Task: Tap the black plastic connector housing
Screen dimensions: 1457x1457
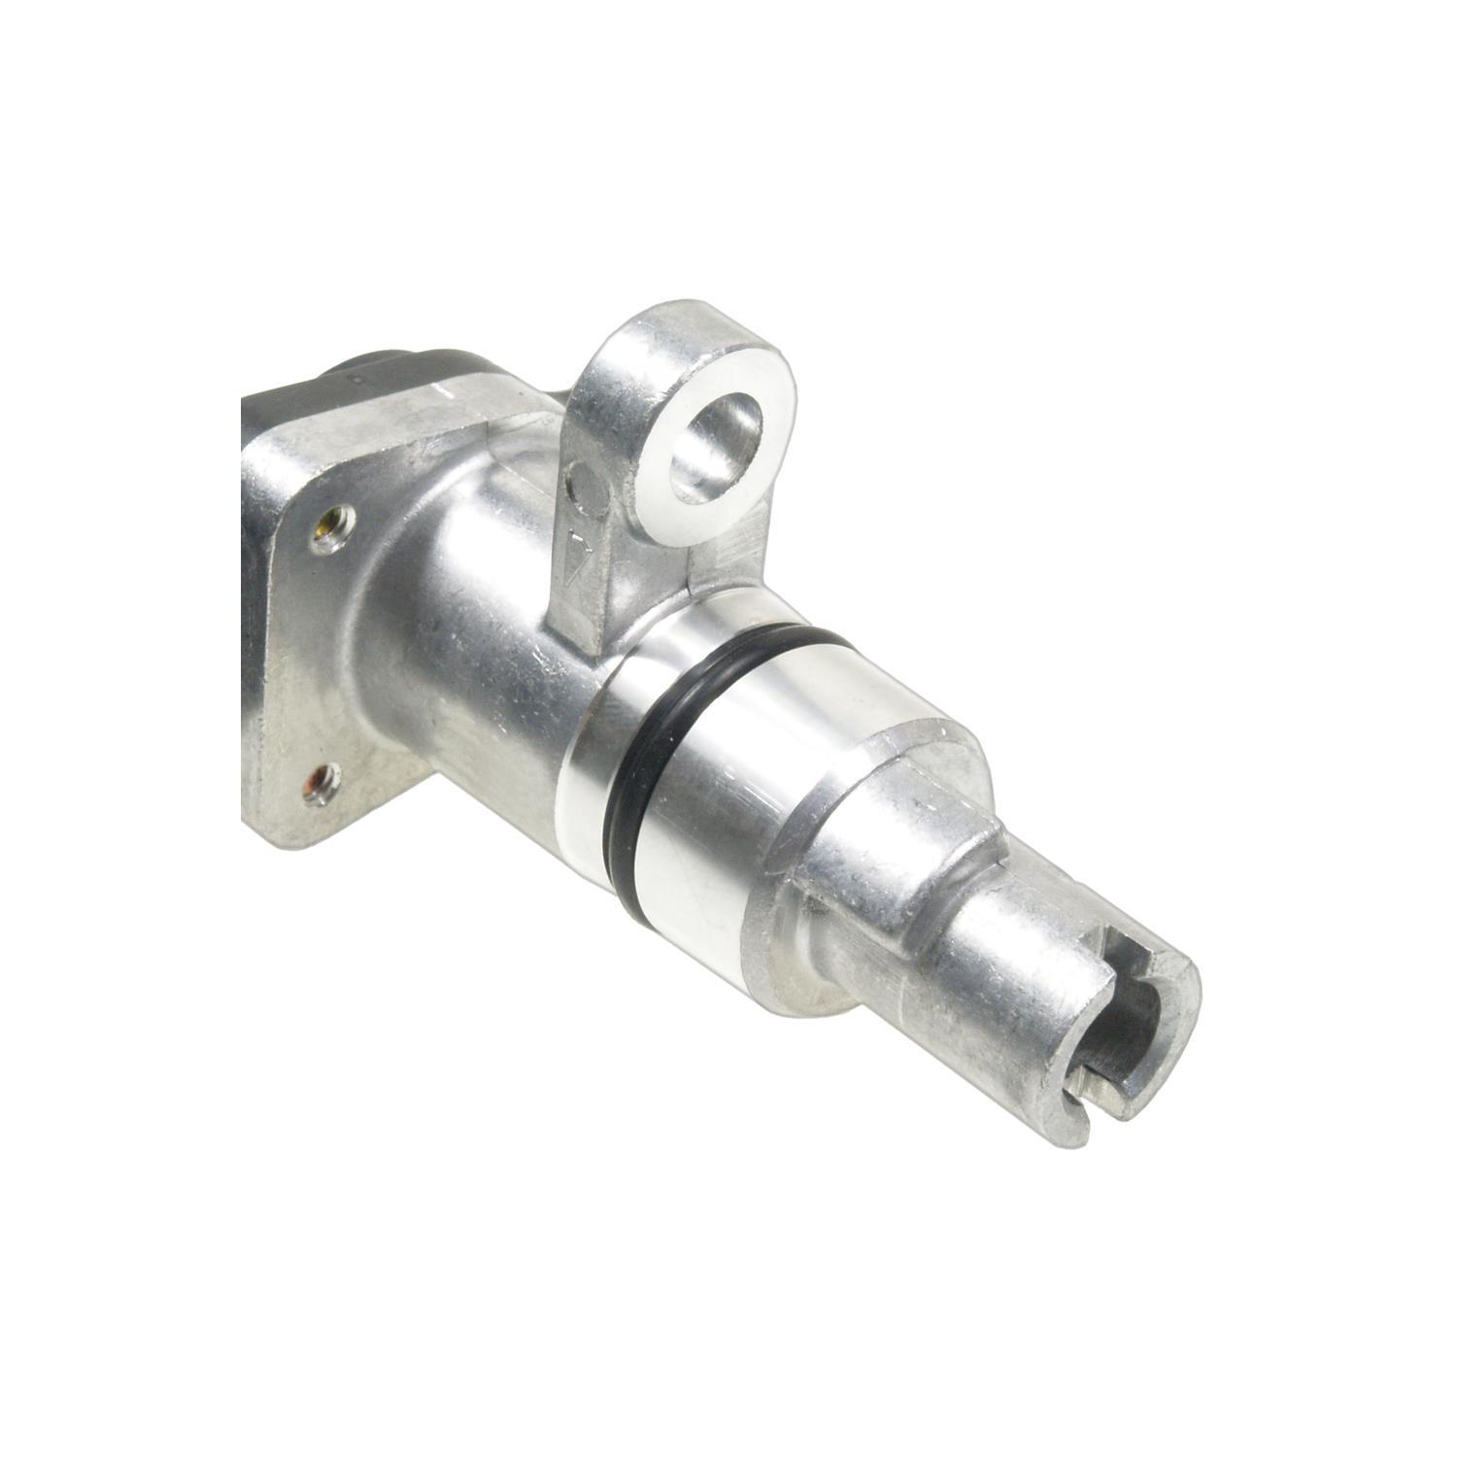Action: tap(311, 389)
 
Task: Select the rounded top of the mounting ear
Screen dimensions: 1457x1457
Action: tap(680, 330)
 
